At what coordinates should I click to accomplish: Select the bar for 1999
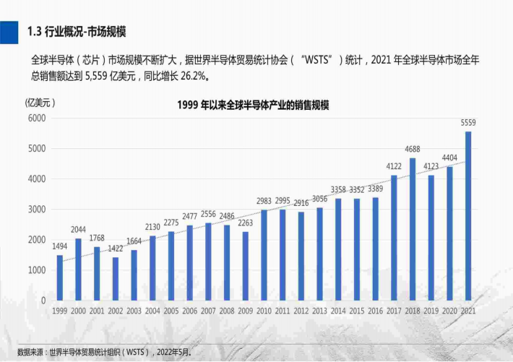click(60, 277)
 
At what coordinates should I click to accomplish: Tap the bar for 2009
click(246, 265)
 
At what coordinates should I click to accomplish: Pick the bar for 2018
click(413, 229)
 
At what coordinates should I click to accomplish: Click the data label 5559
click(468, 123)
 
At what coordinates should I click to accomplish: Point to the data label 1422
click(116, 249)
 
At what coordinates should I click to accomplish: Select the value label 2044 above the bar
click(79, 230)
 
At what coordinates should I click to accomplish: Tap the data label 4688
click(413, 150)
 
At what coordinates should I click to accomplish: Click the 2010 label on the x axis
click(264, 310)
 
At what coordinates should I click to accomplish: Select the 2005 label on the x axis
click(171, 310)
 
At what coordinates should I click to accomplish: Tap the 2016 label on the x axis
click(376, 310)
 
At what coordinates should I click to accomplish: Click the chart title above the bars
click(253, 105)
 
